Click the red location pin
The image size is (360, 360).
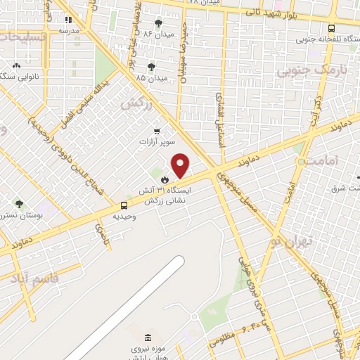coord(181,166)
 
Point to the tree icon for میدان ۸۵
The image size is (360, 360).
coord(151,67)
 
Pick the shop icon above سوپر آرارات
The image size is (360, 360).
coord(157,131)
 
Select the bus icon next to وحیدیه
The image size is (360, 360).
coord(124,205)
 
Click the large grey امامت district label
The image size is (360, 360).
coord(326,161)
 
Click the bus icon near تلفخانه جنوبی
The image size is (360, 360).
coord(331,28)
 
